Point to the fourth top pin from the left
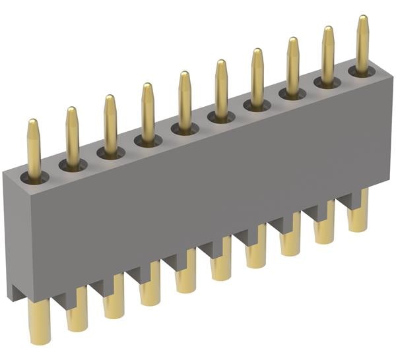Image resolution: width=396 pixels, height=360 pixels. click(148, 110)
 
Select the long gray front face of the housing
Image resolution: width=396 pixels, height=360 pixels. click(198, 191)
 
